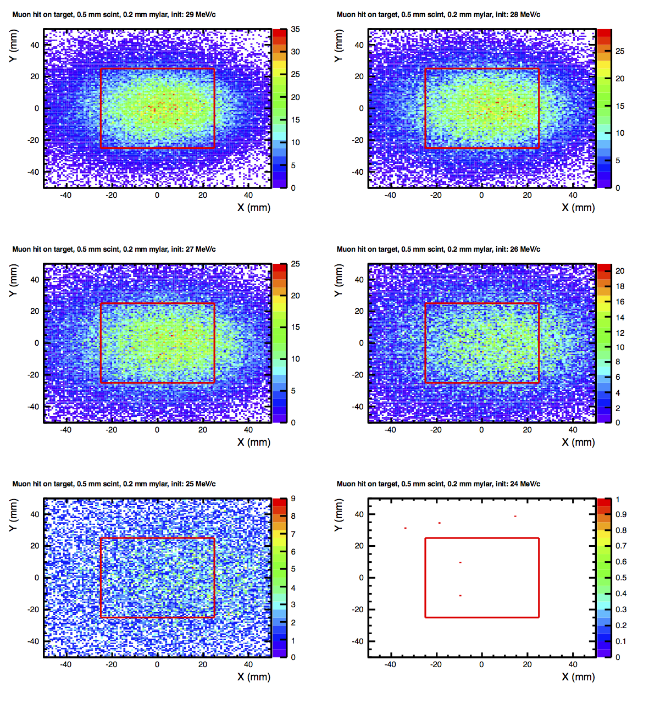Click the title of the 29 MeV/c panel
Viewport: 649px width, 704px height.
click(114, 14)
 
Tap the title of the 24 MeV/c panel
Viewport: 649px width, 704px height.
click(438, 484)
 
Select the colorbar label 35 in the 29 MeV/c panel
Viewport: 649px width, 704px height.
click(296, 30)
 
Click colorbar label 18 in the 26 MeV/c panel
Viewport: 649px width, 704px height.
click(620, 286)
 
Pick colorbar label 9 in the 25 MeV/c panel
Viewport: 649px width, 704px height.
click(293, 499)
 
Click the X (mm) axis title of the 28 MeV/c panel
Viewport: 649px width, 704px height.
click(578, 208)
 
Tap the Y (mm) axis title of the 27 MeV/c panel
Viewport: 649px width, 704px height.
click(14, 280)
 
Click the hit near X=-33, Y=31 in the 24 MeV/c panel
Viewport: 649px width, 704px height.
click(406, 528)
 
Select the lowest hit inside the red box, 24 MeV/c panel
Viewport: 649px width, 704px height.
click(460, 596)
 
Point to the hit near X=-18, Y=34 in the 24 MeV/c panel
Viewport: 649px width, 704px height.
click(439, 523)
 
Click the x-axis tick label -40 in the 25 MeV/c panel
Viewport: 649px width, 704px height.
click(65, 664)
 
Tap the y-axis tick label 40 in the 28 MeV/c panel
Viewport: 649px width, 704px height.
click(359, 45)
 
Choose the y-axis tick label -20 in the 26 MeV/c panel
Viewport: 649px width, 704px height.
click(358, 375)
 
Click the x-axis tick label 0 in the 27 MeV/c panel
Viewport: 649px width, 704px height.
click(157, 430)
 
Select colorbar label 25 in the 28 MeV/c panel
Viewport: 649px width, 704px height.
click(620, 51)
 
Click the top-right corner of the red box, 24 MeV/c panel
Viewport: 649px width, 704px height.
click(539, 538)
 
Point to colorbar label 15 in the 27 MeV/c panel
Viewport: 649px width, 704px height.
click(296, 328)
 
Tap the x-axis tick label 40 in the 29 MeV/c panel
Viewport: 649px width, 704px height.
click(248, 195)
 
